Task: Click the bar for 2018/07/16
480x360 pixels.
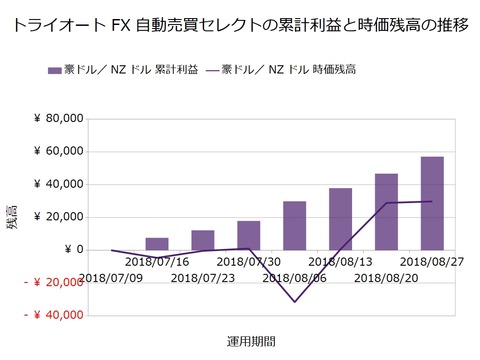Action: (x=157, y=244)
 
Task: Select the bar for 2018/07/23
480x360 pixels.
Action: (x=203, y=240)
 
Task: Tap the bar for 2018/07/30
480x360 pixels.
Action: (x=249, y=236)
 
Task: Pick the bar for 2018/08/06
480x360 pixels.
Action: (x=295, y=226)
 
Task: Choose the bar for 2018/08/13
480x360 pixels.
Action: (x=340, y=219)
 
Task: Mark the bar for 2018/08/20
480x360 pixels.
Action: (x=386, y=212)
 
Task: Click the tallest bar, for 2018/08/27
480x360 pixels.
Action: (x=432, y=203)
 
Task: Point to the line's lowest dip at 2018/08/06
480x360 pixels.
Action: (x=295, y=301)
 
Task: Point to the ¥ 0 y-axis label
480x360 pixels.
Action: (x=70, y=250)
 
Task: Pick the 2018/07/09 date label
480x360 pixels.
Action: (x=112, y=277)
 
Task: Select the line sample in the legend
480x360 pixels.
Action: (x=219, y=70)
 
